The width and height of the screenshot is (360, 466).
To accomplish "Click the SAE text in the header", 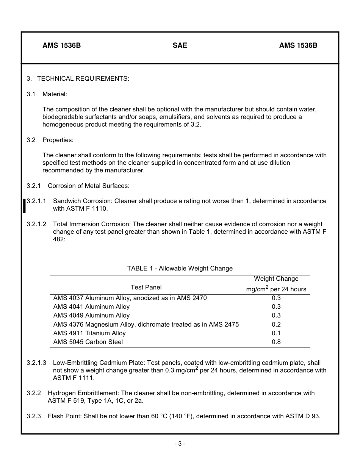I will click(x=180, y=45).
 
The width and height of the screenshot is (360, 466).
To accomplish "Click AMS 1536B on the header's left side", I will click(x=61, y=45).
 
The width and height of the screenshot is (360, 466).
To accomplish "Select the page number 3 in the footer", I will click(x=180, y=444).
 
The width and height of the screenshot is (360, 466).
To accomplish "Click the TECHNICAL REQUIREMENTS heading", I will click(x=83, y=78).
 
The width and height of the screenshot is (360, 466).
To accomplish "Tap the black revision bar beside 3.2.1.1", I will click(x=24, y=205).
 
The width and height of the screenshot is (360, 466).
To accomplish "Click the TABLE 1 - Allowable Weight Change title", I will click(x=180, y=268).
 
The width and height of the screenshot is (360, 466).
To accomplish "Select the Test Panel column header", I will click(x=146, y=287).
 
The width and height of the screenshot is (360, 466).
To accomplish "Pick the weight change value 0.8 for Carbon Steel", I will click(x=276, y=342).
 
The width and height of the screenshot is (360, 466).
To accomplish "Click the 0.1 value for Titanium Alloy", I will click(x=276, y=333).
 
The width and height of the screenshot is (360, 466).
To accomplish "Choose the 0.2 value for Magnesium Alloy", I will click(x=276, y=324).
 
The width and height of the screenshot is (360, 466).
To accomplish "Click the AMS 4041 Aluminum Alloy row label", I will click(x=91, y=306).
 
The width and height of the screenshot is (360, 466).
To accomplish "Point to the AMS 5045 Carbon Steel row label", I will click(x=88, y=342).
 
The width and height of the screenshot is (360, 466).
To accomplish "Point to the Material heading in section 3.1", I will click(x=55, y=94).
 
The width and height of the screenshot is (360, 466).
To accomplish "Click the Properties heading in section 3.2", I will click(x=58, y=140).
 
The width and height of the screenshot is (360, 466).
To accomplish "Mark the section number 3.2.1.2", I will click(x=36, y=224).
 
